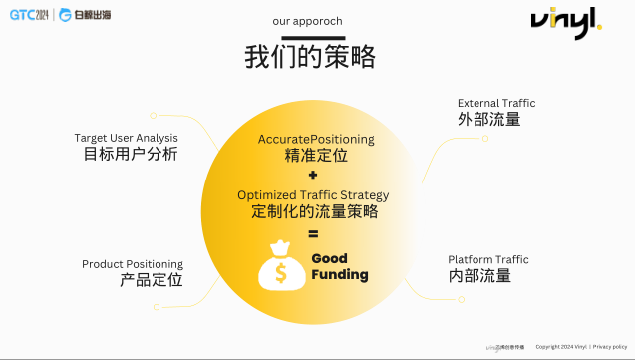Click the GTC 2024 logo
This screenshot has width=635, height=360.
point(30,15)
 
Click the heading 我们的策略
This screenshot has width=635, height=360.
point(310,57)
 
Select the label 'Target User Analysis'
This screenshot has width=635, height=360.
point(127,137)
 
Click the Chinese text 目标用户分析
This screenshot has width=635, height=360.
point(131,154)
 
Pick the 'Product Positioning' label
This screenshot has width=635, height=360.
point(133,264)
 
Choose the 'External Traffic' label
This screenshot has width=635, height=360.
point(496,103)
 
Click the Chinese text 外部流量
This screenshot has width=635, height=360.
point(488,120)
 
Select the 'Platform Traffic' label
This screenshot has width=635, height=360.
point(488,259)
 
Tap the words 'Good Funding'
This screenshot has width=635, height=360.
point(339,266)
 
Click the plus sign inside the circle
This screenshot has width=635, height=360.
point(313,175)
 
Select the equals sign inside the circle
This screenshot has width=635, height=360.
point(313,234)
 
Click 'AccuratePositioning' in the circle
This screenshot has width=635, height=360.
point(316,138)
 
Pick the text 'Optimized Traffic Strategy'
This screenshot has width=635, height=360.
point(313,194)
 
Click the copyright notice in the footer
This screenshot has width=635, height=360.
point(582,346)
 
